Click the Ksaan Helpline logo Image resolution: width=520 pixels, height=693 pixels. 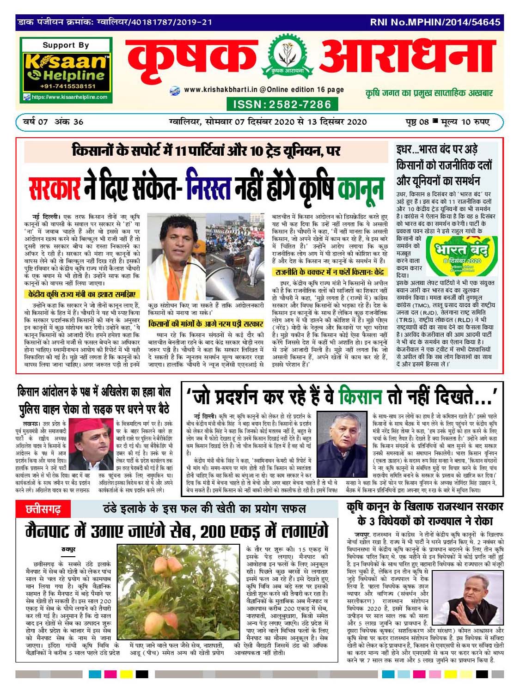click(x=65, y=67)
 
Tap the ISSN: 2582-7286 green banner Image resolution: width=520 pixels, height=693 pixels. click(x=281, y=104)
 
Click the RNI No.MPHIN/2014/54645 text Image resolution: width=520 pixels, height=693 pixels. click(x=435, y=22)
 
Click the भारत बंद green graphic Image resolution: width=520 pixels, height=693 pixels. click(x=461, y=255)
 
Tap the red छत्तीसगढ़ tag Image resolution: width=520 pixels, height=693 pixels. click(x=43, y=510)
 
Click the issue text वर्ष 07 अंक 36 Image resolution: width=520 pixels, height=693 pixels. click(x=54, y=122)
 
